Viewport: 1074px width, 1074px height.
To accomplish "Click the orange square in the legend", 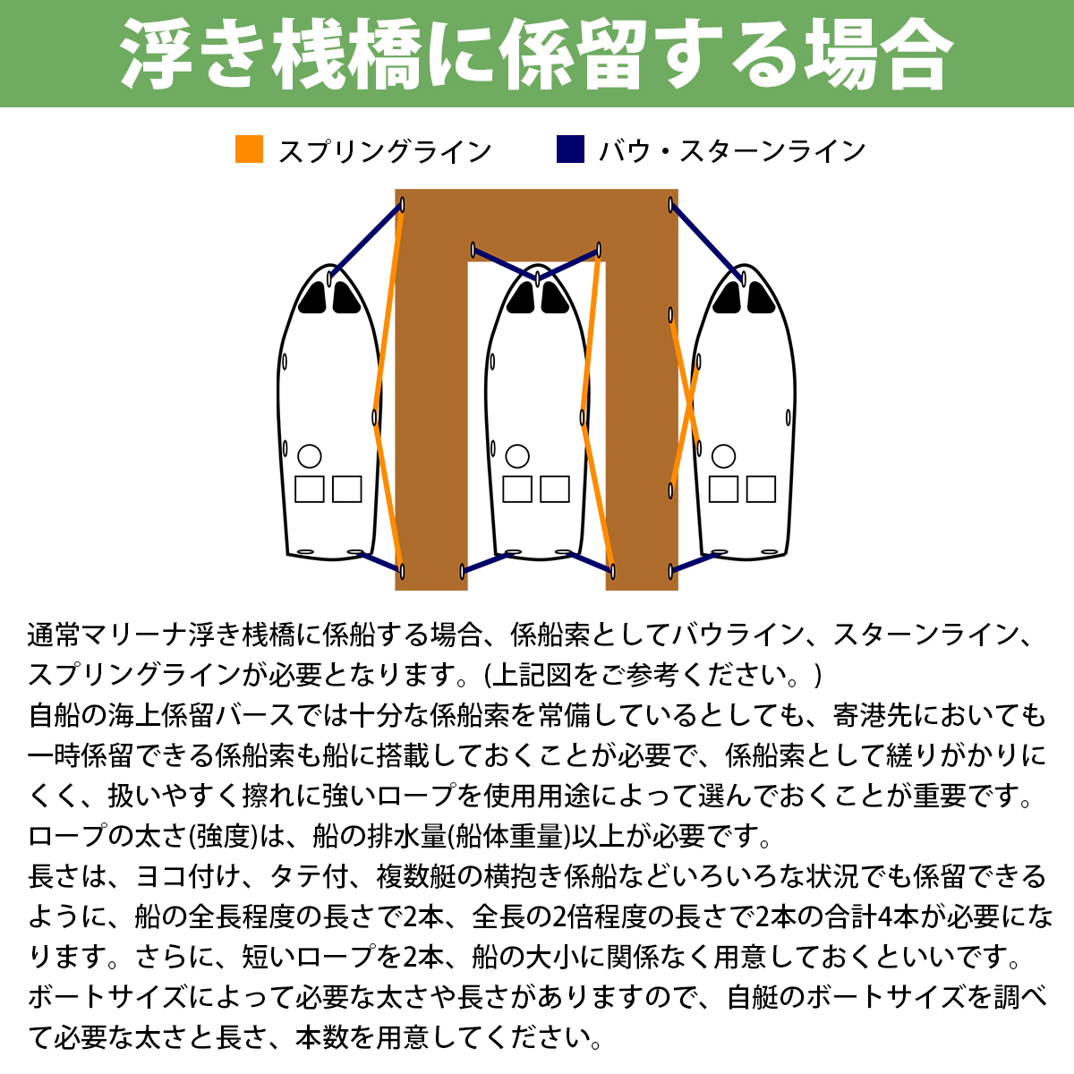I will [249, 149].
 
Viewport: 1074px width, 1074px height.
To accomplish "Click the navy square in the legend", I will [570, 149].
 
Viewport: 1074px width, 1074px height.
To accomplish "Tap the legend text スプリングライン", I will [385, 151].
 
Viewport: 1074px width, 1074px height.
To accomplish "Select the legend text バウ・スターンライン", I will [732, 151].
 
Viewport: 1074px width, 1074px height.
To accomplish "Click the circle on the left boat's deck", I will [309, 456].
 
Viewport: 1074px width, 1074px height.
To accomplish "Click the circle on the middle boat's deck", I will [517, 456].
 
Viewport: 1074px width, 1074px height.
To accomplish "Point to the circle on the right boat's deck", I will [723, 456].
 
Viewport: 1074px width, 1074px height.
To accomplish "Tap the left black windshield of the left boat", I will [312, 298].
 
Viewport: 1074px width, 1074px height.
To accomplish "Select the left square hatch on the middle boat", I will [517, 490].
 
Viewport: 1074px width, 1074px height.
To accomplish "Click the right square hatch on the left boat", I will [346, 490].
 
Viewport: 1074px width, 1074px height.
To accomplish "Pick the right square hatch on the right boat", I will [761, 490].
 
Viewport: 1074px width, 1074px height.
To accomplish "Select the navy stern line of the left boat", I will [380, 561].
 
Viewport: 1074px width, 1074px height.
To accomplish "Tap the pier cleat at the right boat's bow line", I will [671, 206].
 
